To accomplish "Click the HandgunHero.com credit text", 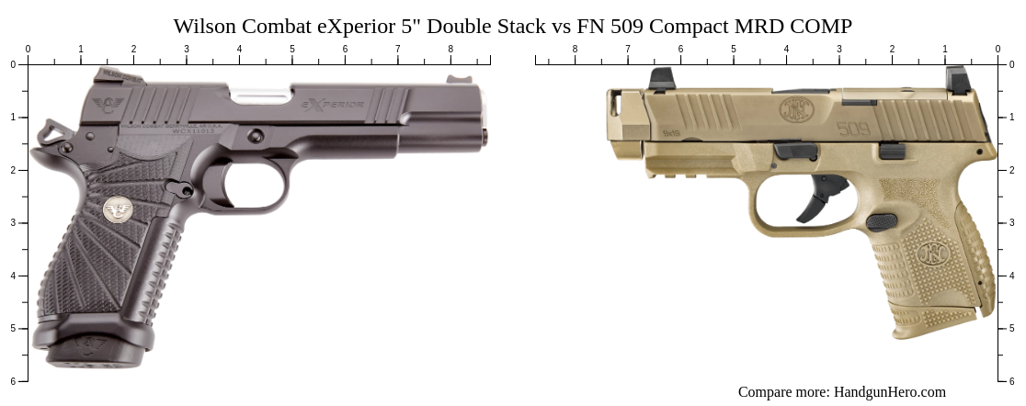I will coord(841,392).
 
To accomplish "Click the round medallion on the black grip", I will coord(116,209).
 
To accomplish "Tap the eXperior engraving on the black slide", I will coord(333,105).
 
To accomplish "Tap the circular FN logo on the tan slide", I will coord(793,111).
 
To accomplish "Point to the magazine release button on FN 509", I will coord(881,222).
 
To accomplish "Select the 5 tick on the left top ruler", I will coord(292,60).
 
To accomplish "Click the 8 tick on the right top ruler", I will coord(576,60).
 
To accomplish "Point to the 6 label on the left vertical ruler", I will coord(12,380).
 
